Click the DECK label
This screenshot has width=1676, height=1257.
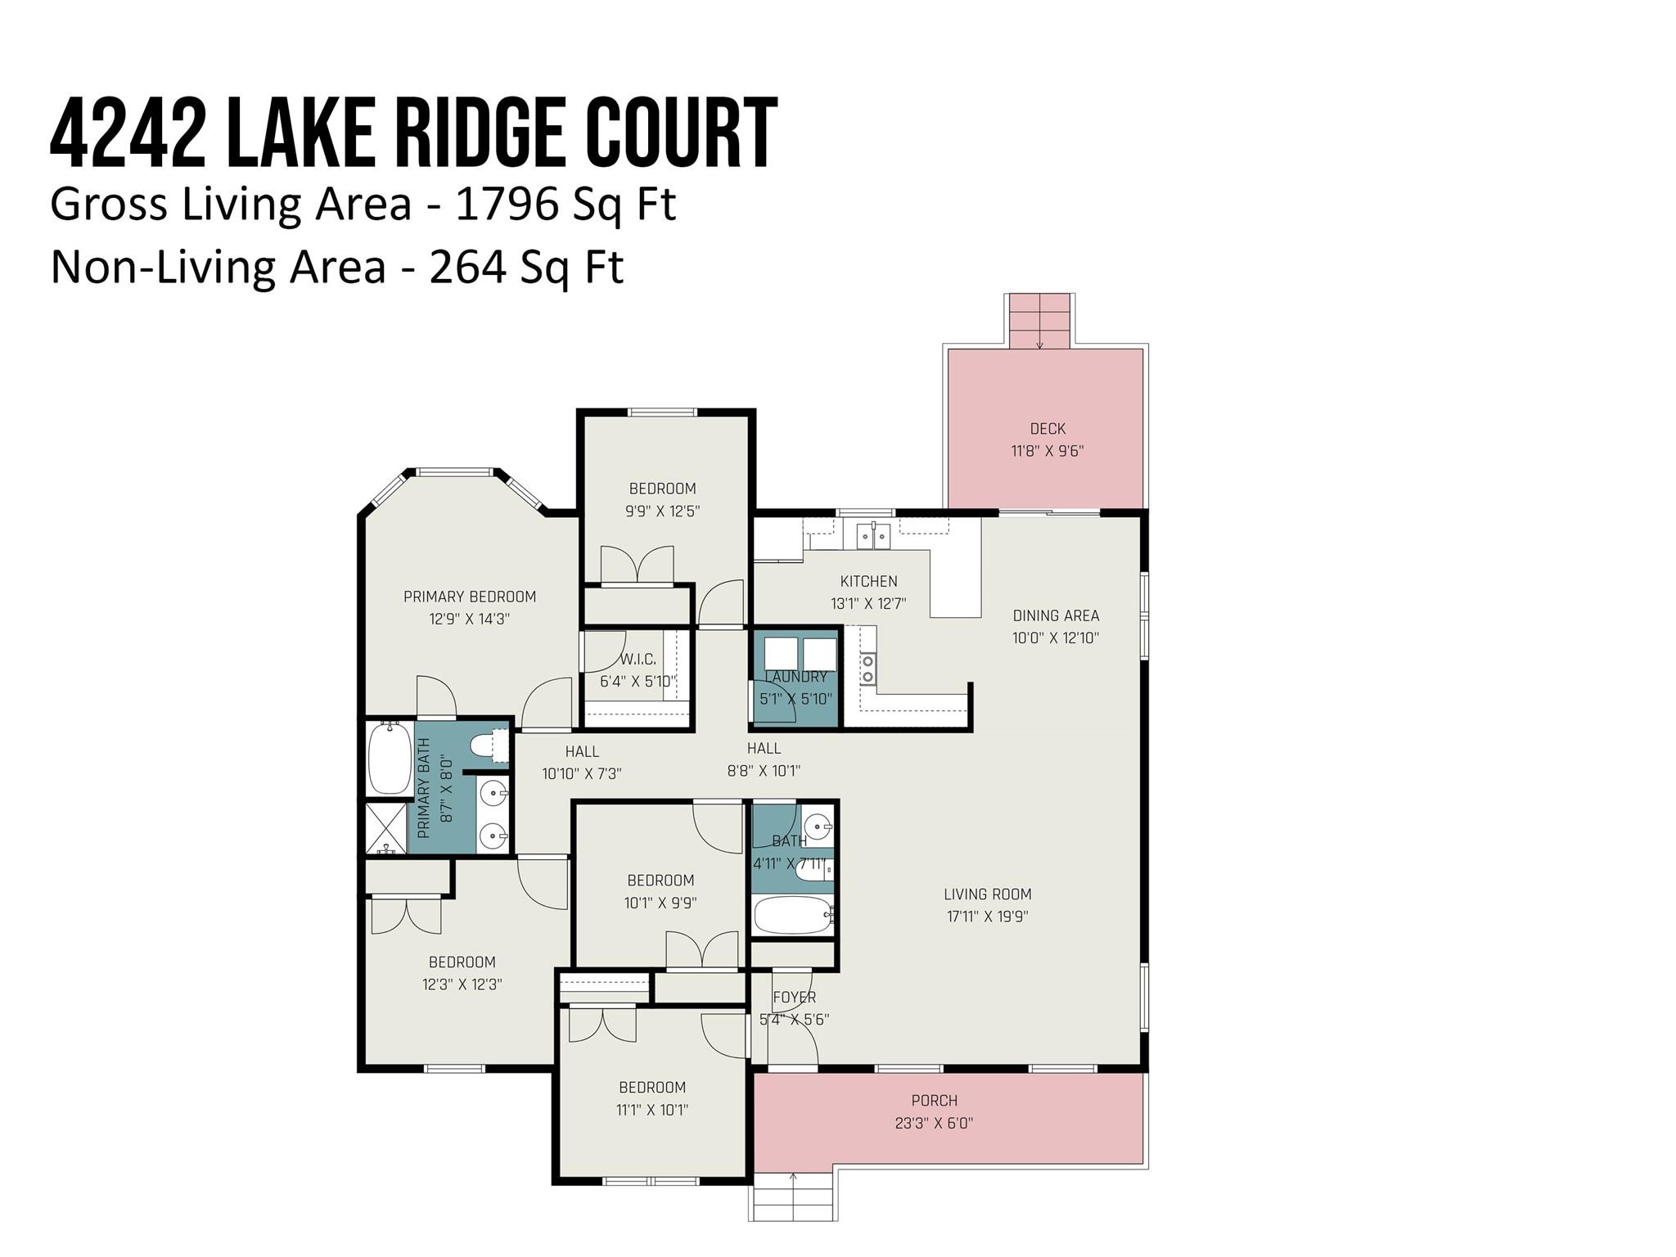(1047, 429)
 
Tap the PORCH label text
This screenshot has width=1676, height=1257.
(935, 1101)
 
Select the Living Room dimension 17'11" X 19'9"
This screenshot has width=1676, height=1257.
(988, 917)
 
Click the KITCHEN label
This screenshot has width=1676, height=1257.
(868, 581)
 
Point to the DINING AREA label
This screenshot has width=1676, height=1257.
(1056, 615)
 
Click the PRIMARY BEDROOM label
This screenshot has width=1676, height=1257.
(470, 597)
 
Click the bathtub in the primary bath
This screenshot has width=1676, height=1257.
(390, 758)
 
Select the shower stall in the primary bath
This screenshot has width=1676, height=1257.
(386, 828)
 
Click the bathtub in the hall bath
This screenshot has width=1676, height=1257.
(793, 915)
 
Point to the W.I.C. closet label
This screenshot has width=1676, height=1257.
(638, 659)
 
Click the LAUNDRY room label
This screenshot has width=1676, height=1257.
(796, 677)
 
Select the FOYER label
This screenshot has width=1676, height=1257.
(795, 997)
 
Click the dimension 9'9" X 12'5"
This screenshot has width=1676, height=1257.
(663, 511)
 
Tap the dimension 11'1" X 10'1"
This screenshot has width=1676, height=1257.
(652, 1111)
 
